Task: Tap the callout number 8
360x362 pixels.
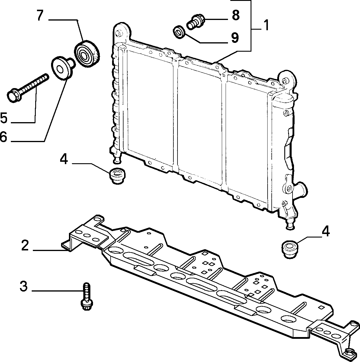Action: pos(236,15)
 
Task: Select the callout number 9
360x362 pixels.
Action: pos(235,38)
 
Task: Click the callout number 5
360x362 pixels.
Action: pos(4,118)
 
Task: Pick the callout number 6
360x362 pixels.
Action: pos(4,137)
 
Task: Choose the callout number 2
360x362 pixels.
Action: pos(25,245)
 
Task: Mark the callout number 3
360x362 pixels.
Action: pos(24,286)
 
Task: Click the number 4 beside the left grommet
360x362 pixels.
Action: pos(64,159)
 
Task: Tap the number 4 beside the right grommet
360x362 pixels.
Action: pos(326,231)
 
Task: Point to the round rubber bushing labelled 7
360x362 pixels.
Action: pos(87,54)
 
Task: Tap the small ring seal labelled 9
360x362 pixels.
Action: pos(179,32)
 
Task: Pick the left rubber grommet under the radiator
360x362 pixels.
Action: pos(117,176)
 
